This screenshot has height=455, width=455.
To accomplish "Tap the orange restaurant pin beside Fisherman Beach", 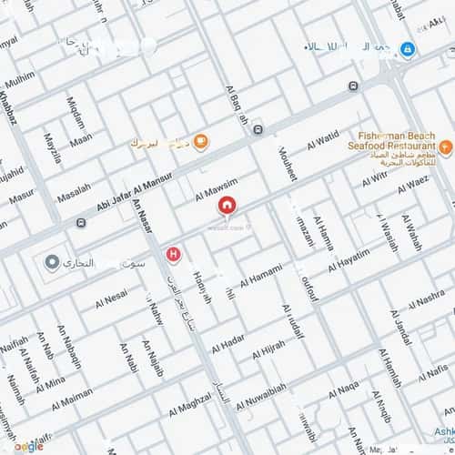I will click(x=445, y=147).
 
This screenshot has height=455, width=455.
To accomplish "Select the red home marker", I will click(x=226, y=207).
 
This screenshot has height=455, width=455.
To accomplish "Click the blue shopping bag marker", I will click(x=409, y=49).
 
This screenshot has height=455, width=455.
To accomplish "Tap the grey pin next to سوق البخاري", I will click(x=52, y=262).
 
